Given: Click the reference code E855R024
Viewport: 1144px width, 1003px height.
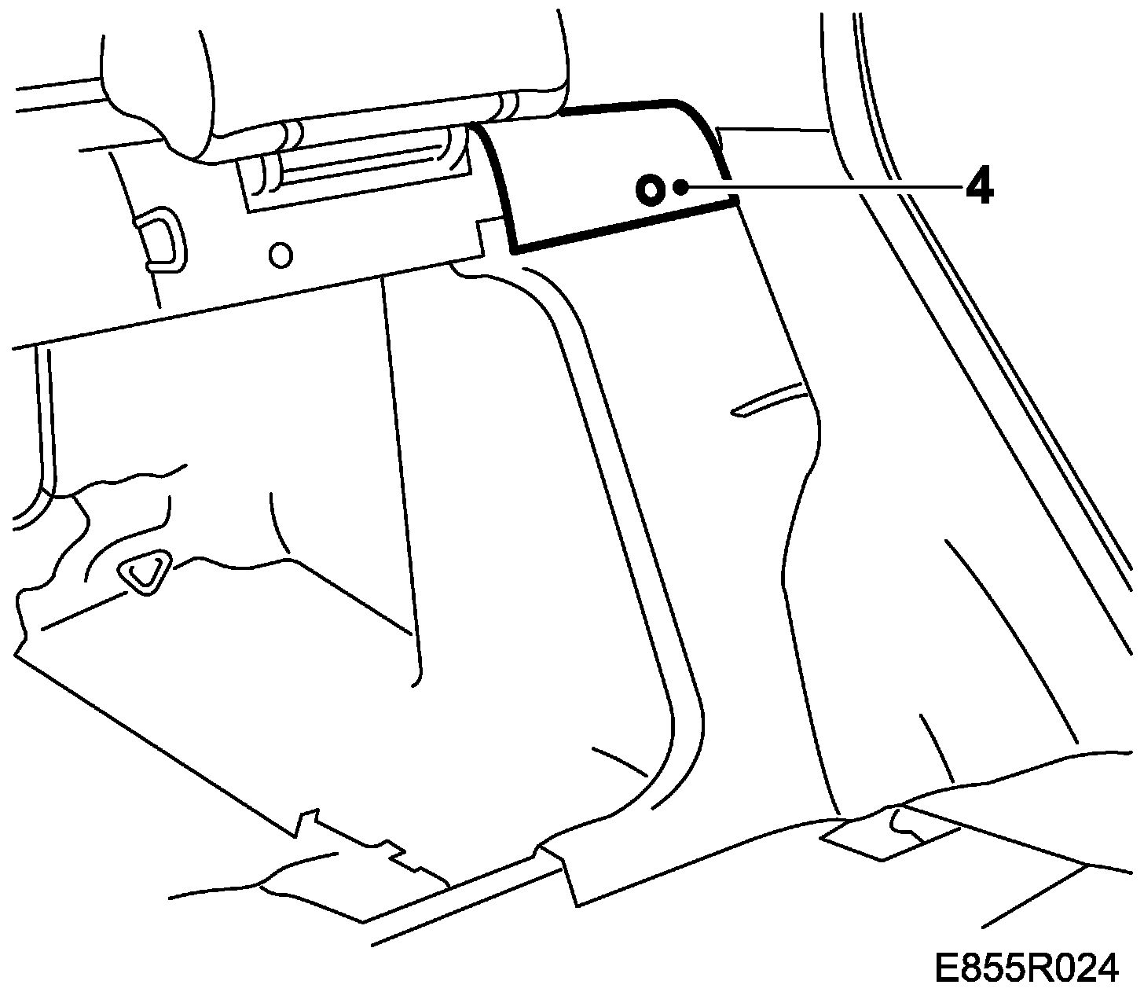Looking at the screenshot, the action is (1025, 967).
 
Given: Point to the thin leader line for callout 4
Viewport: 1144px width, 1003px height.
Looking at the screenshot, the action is (825, 187).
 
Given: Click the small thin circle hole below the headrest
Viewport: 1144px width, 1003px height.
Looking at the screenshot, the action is (280, 254).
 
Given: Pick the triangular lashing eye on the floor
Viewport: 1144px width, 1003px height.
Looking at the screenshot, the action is (144, 572).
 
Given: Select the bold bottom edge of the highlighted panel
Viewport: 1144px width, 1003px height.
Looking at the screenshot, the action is (625, 226).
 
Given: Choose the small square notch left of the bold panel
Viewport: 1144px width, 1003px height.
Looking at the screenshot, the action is (490, 236).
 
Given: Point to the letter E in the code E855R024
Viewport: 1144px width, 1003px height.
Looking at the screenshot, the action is (945, 967).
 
